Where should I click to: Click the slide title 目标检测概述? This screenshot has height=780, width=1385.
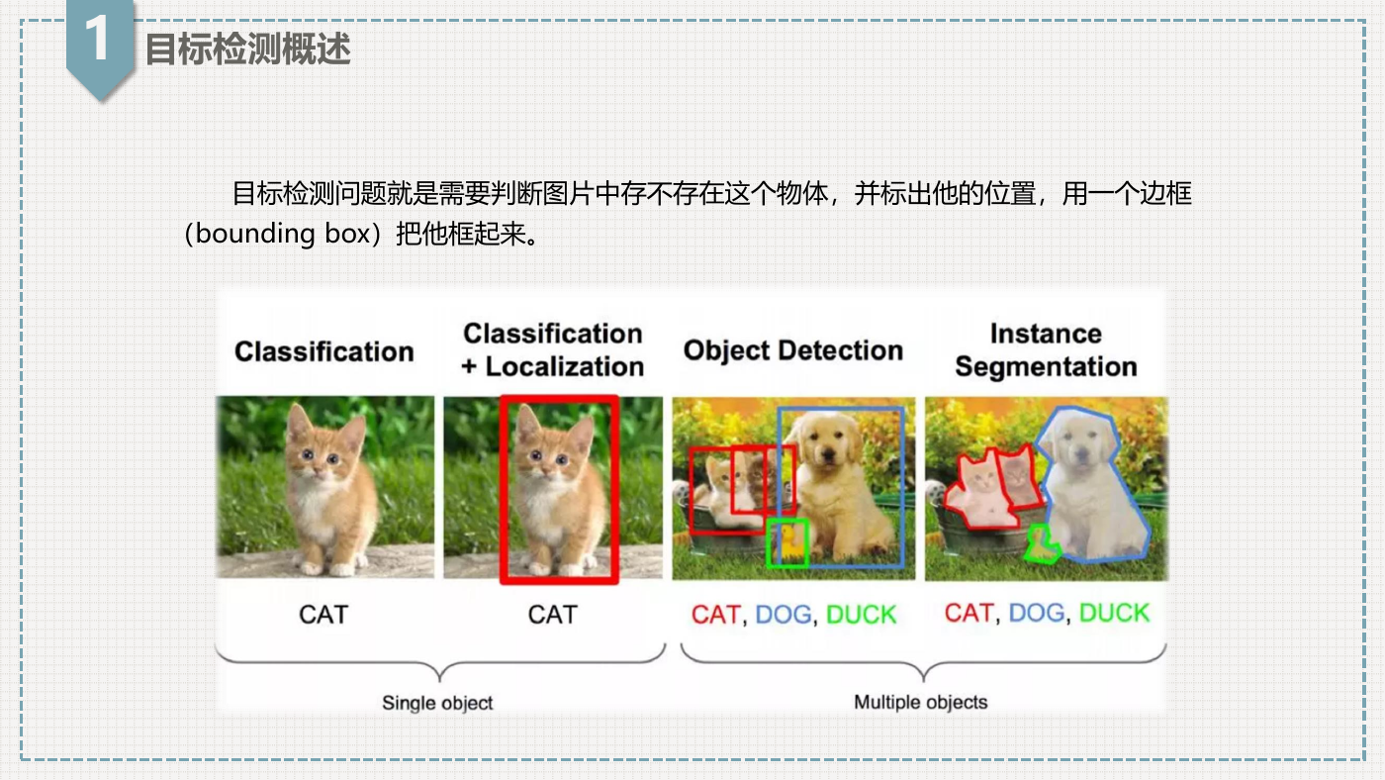pyautogui.click(x=248, y=49)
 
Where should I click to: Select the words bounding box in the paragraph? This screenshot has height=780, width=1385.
pyautogui.click(x=283, y=234)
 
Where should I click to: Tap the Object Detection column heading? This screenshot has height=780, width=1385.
pyautogui.click(x=793, y=350)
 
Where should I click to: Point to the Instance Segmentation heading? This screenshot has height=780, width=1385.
pyautogui.click(x=1047, y=350)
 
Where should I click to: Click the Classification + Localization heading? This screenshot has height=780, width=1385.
pyautogui.click(x=553, y=350)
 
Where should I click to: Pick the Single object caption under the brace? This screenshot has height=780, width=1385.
pyautogui.click(x=437, y=704)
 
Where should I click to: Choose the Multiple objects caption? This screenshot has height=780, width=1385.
pyautogui.click(x=921, y=703)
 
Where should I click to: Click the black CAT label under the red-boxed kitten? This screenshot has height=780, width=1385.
pyautogui.click(x=553, y=615)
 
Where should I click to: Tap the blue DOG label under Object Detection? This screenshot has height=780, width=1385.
pyautogui.click(x=784, y=615)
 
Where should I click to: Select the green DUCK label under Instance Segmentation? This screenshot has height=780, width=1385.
pyautogui.click(x=1114, y=613)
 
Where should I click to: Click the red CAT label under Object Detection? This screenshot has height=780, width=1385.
pyautogui.click(x=716, y=615)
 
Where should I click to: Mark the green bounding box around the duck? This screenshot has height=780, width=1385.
pyautogui.click(x=768, y=544)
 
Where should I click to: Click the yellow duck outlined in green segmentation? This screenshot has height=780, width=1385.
pyautogui.click(x=1042, y=544)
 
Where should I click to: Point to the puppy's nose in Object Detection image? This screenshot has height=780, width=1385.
pyautogui.click(x=830, y=457)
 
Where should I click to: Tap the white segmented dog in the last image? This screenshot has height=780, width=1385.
pyautogui.click(x=1091, y=489)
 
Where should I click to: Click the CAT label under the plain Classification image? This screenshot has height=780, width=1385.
pyautogui.click(x=324, y=615)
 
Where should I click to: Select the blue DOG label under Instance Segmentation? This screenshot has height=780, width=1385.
pyautogui.click(x=1037, y=613)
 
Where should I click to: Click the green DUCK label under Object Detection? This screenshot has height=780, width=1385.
pyautogui.click(x=862, y=615)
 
